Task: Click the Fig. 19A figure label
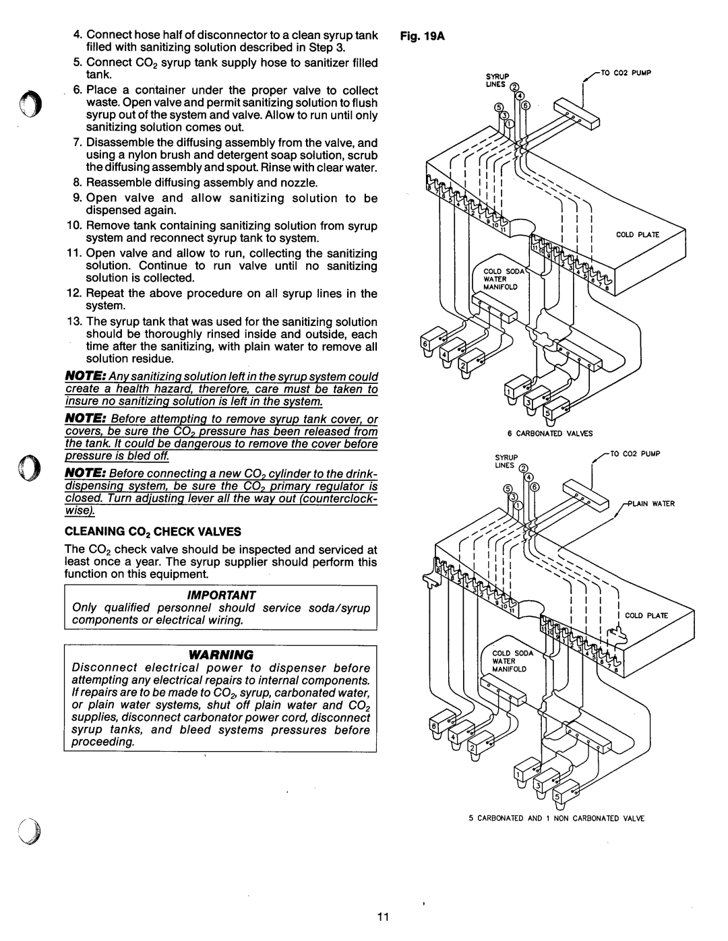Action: coord(422,36)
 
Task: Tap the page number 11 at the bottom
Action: coord(383,916)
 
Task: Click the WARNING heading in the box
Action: coord(221,654)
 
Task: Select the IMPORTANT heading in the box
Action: coord(221,595)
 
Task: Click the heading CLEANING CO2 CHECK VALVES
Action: coord(153,531)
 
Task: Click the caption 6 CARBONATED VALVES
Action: coord(550,433)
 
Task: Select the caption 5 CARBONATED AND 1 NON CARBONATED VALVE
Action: coord(556,818)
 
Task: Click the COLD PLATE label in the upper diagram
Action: coord(638,234)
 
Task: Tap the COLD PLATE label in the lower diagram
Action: coord(646,616)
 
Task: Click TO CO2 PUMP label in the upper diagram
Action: coord(626,73)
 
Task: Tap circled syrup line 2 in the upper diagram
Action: coord(514,87)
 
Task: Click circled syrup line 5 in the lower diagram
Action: coord(507,489)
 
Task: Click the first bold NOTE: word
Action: coord(86,376)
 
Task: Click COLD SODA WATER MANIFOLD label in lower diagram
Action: coord(512,661)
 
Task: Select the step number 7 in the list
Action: coord(78,143)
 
